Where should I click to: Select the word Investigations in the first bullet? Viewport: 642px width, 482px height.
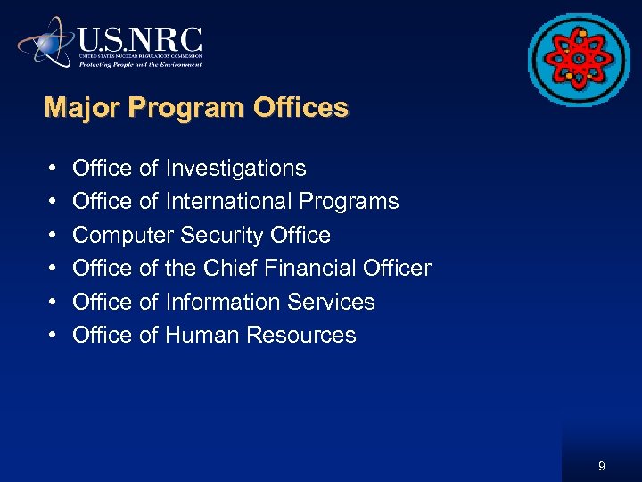coord(235,169)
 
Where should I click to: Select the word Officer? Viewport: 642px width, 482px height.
coord(397,269)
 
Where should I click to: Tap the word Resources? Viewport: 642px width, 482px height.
coord(301,336)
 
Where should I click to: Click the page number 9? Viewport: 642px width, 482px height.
coord(602,466)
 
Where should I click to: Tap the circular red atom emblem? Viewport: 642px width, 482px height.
coord(579,60)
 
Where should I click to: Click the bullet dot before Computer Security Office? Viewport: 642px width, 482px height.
coord(53,236)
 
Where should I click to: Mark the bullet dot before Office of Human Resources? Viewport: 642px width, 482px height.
coord(53,336)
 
